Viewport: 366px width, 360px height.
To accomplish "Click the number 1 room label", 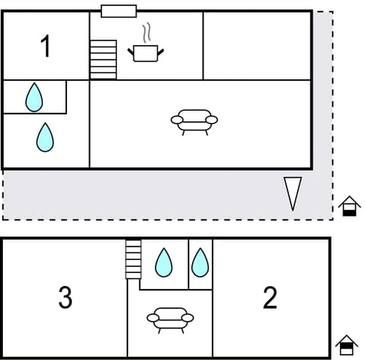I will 45,47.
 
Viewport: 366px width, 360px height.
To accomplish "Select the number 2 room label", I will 270,298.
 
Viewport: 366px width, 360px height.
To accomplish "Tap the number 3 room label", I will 66,298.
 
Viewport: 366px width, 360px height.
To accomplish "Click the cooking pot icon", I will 146,53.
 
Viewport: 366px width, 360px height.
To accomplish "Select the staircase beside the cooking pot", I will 103,59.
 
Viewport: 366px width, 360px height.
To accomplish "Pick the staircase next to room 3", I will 133,259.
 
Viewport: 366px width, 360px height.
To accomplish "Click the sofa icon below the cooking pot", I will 194,121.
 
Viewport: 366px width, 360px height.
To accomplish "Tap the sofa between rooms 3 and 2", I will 170,318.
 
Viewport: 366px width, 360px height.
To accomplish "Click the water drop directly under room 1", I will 34,97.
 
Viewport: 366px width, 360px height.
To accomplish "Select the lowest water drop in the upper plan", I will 46,137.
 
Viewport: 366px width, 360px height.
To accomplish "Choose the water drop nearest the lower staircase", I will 164,262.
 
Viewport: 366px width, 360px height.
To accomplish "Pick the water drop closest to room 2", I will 200,262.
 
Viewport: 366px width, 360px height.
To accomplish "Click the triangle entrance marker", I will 293,193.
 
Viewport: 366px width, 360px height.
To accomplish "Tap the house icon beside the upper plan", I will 348,206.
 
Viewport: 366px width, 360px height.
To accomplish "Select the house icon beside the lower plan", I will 347,346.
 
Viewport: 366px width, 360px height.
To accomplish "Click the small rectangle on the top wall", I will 118,11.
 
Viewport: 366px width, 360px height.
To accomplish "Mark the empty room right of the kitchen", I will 257,46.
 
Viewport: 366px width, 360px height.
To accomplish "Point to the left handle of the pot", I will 131,51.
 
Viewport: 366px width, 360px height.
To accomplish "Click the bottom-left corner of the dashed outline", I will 3,219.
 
